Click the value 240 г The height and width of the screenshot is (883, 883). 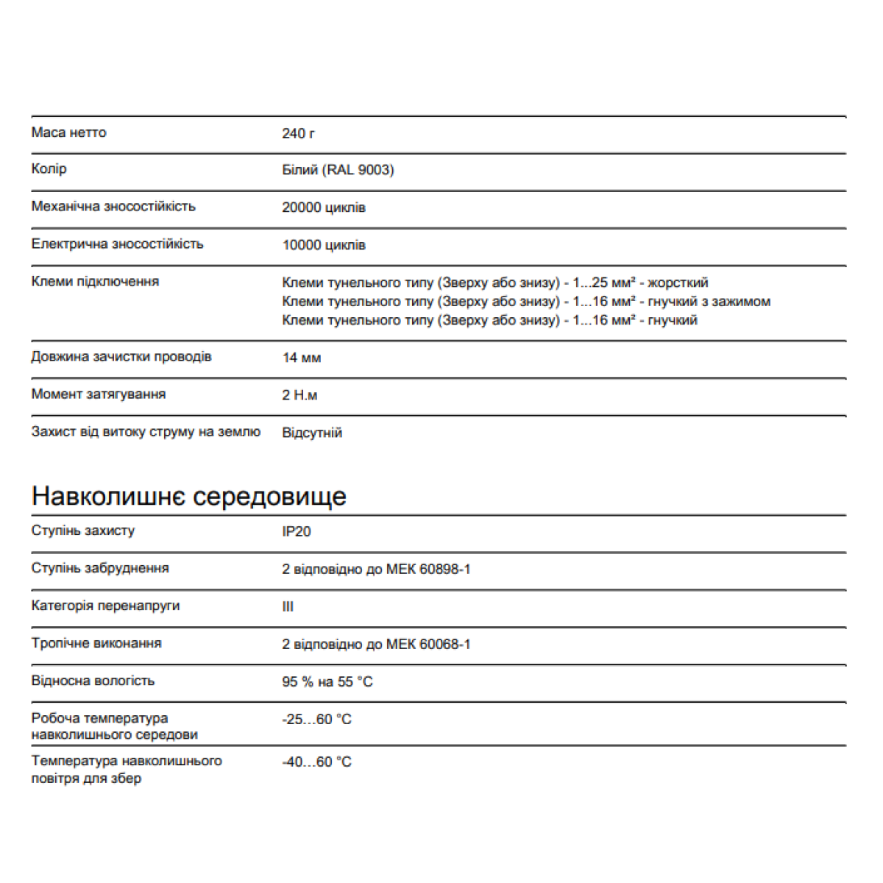[298, 133]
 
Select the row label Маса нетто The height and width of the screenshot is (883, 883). [68, 132]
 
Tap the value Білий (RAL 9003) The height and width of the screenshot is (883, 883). [338, 170]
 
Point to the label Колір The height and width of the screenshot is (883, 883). [49, 169]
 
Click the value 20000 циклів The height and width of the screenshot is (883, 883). [324, 208]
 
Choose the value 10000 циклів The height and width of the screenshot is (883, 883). [324, 245]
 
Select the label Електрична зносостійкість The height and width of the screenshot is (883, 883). [117, 244]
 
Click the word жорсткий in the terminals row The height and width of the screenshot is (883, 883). [678, 283]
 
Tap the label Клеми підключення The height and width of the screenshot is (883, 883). [95, 281]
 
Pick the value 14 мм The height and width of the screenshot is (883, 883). [301, 358]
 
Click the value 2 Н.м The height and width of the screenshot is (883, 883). [299, 395]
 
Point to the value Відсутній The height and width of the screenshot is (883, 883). [312, 433]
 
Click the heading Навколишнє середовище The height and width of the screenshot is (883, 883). [188, 496]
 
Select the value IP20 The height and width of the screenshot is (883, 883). [296, 531]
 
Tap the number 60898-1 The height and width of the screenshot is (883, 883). [444, 569]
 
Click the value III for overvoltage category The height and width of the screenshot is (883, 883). [288, 606]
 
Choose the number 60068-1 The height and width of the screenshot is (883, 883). [444, 644]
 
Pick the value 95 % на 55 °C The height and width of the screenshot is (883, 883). [327, 682]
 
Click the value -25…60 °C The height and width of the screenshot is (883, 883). [316, 719]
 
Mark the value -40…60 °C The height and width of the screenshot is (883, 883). [316, 762]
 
